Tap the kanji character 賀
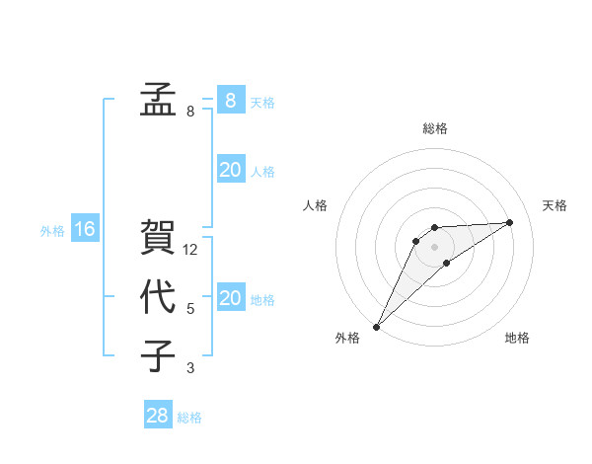158,236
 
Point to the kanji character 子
158,355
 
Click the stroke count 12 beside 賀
190,250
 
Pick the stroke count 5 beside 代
190,309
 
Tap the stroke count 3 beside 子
190,369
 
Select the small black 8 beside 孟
190,112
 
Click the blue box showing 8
230,100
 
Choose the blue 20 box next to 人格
230,170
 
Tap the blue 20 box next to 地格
230,298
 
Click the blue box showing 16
84,229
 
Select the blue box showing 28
157,416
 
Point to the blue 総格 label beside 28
189,418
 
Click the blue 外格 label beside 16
52,231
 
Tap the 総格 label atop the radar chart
434,128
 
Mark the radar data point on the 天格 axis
510,222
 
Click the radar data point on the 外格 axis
376,326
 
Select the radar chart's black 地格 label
517,339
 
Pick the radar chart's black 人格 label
315,205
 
